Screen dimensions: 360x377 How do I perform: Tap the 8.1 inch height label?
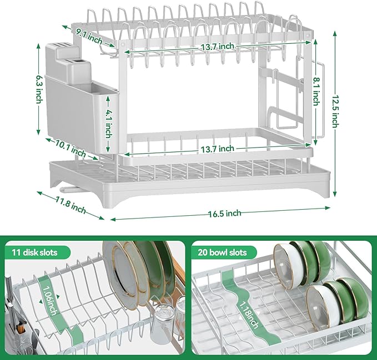[315, 91]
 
